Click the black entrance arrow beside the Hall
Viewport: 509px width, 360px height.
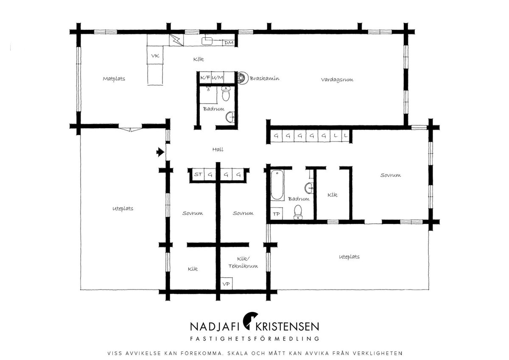pyautogui.click(x=160, y=152)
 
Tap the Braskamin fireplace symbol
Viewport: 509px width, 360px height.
pyautogui.click(x=242, y=78)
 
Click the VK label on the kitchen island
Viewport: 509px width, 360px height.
pyautogui.click(x=155, y=56)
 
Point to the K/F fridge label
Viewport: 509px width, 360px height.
pyautogui.click(x=205, y=78)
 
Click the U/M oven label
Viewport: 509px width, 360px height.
pyautogui.click(x=218, y=78)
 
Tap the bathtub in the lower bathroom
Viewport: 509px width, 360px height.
pyautogui.click(x=277, y=185)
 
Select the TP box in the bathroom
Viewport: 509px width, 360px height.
pyautogui.click(x=277, y=214)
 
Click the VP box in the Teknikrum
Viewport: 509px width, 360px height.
pyautogui.click(x=227, y=284)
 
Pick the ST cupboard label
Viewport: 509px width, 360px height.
pyautogui.click(x=198, y=174)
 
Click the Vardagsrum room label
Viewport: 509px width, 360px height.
pyautogui.click(x=337, y=79)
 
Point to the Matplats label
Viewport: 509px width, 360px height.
pyautogui.click(x=114, y=79)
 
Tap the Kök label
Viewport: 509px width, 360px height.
pyautogui.click(x=199, y=59)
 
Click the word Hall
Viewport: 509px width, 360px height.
pyautogui.click(x=218, y=149)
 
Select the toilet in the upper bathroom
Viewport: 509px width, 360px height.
pyautogui.click(x=226, y=93)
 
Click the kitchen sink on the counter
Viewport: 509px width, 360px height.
pyautogui.click(x=207, y=41)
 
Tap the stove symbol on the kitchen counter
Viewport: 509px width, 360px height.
pyautogui.click(x=176, y=40)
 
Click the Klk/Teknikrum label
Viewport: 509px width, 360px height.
pyautogui.click(x=243, y=262)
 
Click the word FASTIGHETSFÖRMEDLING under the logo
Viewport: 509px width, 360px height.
pyautogui.click(x=255, y=339)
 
